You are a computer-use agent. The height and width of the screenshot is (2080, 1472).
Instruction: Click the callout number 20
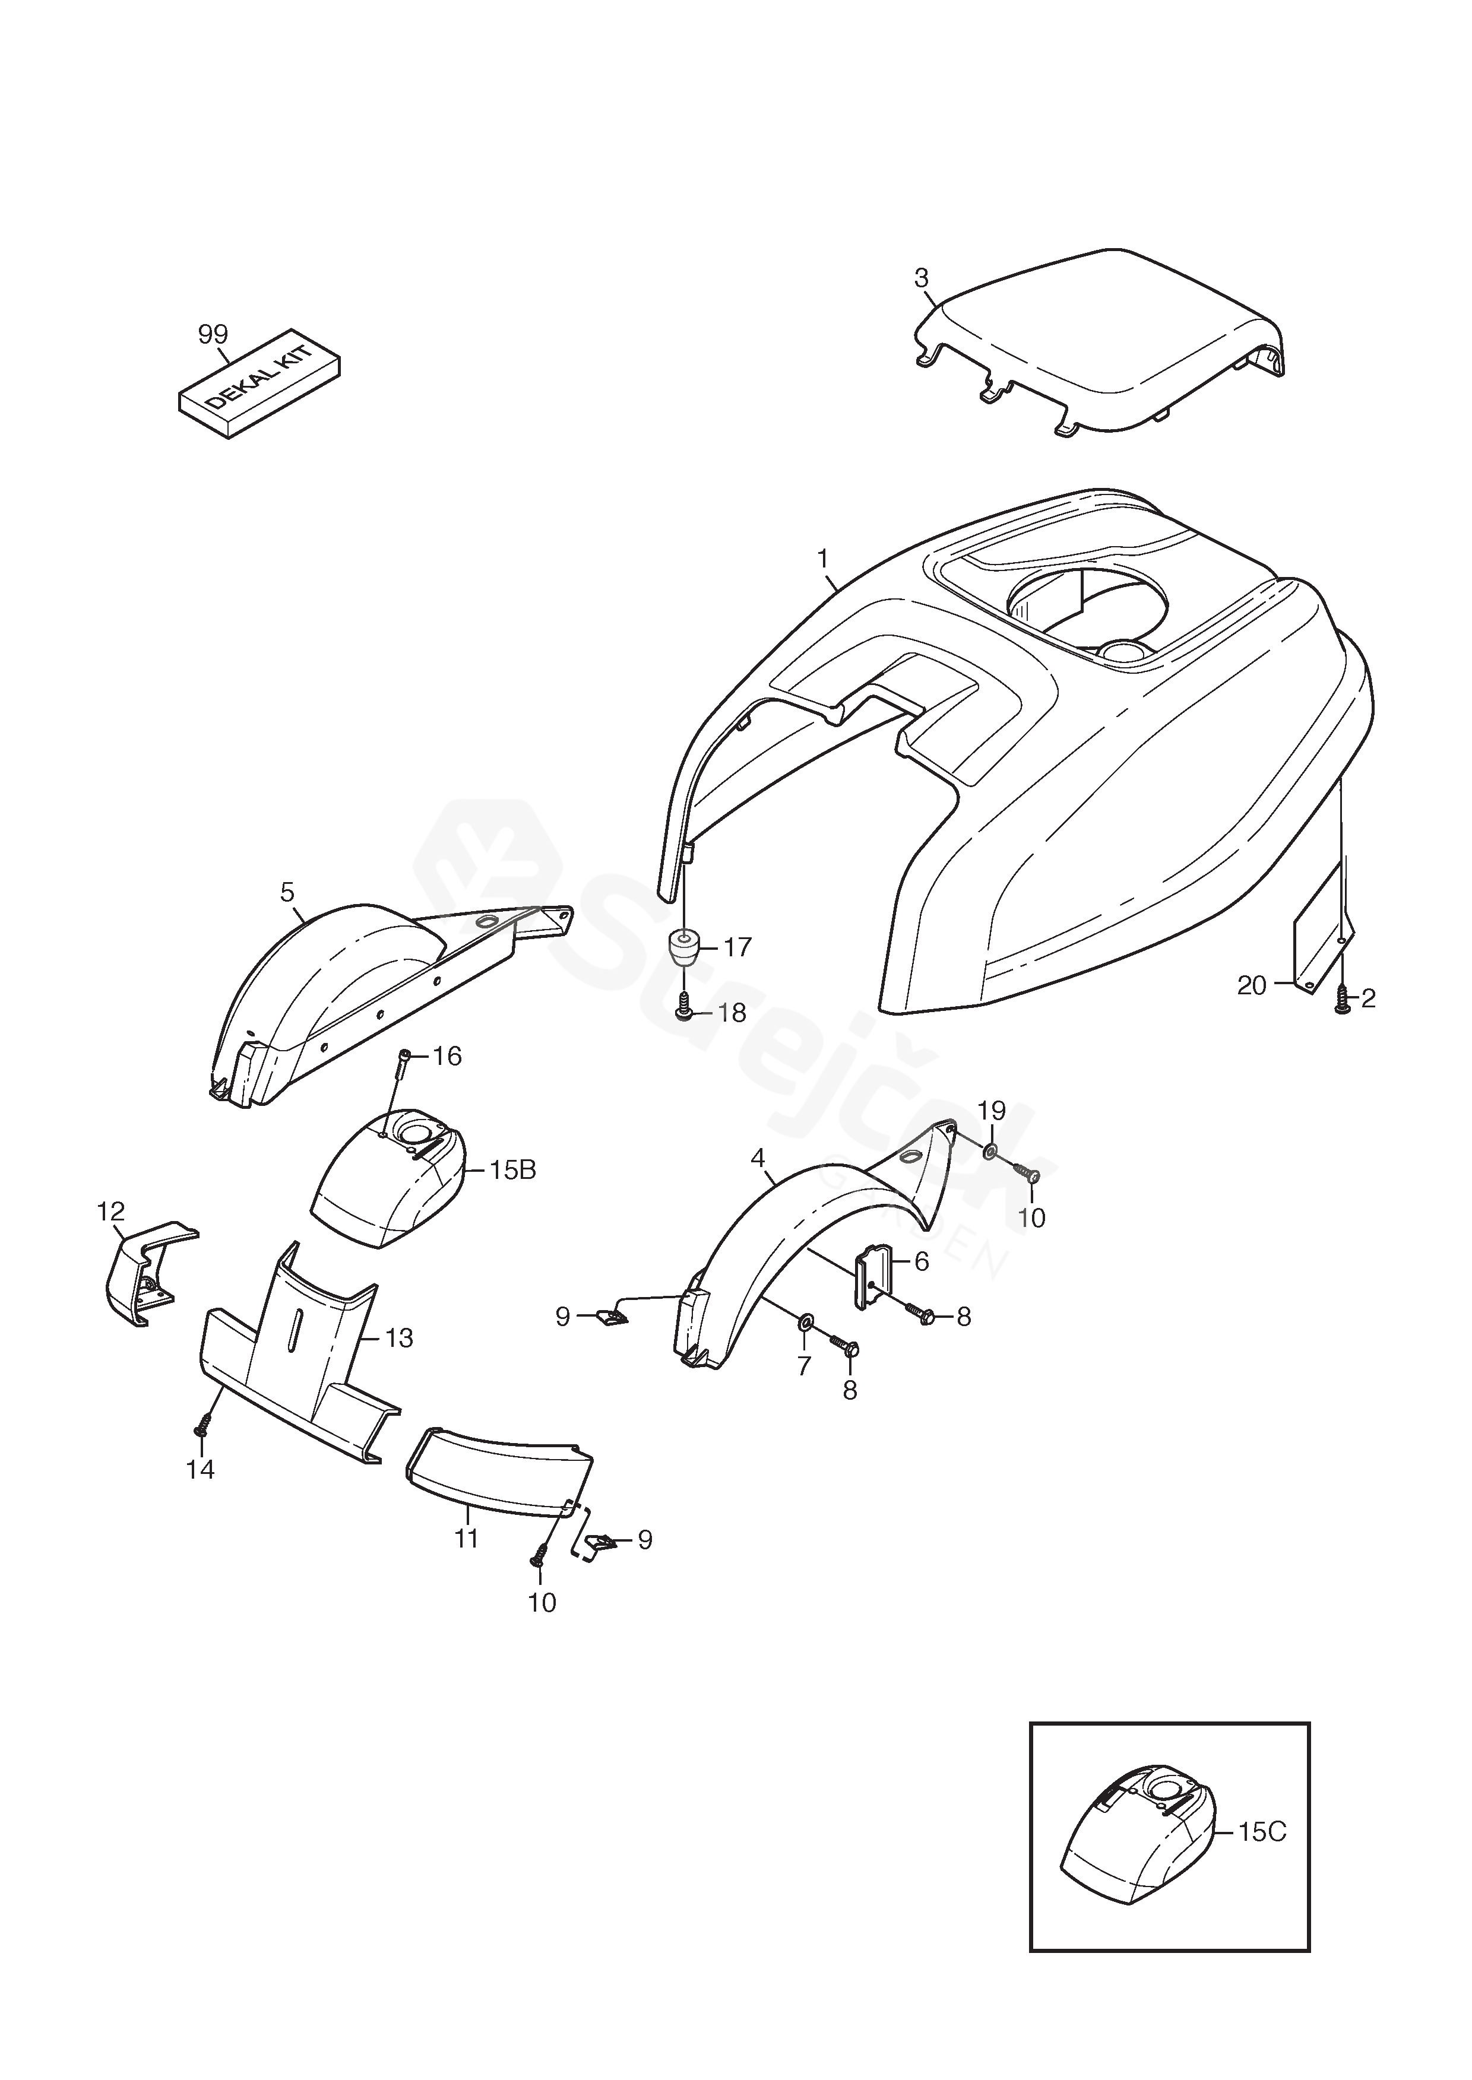coord(1251,985)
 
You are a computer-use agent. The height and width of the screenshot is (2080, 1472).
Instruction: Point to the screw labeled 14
coord(201,1429)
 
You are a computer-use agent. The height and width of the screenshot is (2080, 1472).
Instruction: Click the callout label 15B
coord(513,1171)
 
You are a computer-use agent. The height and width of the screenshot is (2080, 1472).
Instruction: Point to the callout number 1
coord(823,559)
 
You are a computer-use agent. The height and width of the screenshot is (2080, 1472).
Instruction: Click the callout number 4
coord(758,1158)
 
